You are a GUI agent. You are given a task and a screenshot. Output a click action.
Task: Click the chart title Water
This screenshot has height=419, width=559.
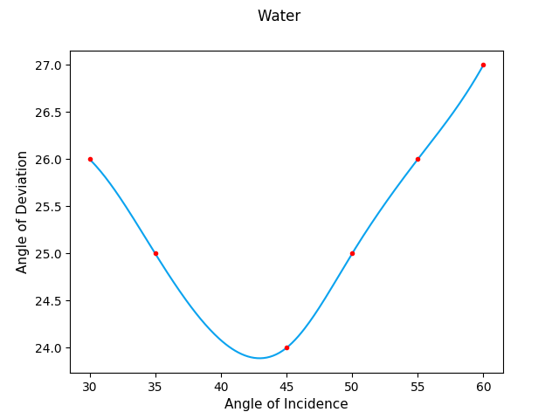[279, 16]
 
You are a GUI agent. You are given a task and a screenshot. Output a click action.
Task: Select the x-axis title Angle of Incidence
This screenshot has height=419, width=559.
[286, 404]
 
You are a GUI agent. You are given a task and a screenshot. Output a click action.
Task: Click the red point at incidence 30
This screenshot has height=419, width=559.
[90, 159]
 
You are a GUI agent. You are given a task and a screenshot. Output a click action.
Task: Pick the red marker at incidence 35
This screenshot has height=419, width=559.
[155, 253]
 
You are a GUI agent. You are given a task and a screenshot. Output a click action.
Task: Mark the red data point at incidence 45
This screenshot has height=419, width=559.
[286, 347]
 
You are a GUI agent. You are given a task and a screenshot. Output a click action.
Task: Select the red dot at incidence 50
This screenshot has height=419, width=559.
[352, 253]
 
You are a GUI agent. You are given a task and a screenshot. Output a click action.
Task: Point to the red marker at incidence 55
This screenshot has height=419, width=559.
[418, 159]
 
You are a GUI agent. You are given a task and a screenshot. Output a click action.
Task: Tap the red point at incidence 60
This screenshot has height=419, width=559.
[483, 65]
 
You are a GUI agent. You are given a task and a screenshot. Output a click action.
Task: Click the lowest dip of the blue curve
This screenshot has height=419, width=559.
[260, 358]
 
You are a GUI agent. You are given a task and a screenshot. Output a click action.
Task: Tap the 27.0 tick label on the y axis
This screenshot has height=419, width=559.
[50, 65]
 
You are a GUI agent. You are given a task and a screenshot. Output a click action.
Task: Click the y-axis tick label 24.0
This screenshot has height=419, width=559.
[50, 348]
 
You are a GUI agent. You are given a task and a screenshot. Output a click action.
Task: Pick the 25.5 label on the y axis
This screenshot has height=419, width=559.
[50, 207]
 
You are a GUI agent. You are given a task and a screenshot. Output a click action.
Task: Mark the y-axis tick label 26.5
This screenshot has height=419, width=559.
[50, 113]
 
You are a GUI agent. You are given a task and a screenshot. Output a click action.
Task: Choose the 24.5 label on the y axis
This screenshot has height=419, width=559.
[50, 301]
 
